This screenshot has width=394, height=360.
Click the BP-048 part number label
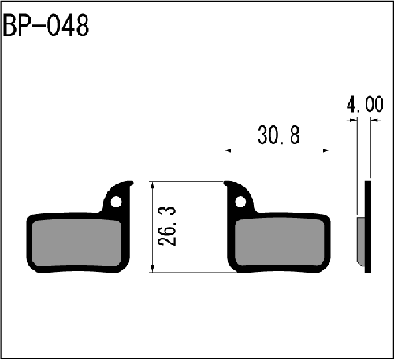click(x=46, y=26)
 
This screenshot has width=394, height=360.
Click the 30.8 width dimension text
click(x=278, y=135)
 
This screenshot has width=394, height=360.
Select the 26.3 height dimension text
click(x=167, y=226)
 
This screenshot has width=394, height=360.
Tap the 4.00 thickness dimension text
click(x=365, y=104)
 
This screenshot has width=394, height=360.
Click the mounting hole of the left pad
click(x=116, y=202)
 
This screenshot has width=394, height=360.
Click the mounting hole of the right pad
click(x=240, y=202)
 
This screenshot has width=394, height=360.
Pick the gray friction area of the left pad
click(x=76, y=243)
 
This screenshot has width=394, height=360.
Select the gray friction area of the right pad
click(x=280, y=243)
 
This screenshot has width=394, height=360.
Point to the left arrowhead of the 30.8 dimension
click(x=228, y=150)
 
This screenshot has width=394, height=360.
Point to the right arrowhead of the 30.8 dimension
click(x=326, y=150)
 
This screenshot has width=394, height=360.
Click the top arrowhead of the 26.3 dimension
click(x=153, y=184)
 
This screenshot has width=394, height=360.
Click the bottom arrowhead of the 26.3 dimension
click(x=153, y=269)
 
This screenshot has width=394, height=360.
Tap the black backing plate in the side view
click(x=368, y=226)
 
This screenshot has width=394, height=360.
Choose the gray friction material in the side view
click(x=361, y=242)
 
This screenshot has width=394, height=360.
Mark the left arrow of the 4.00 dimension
click(x=354, y=121)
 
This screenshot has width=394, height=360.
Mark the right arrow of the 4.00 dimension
click(x=374, y=121)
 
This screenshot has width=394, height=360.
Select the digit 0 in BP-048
click(x=53, y=26)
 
